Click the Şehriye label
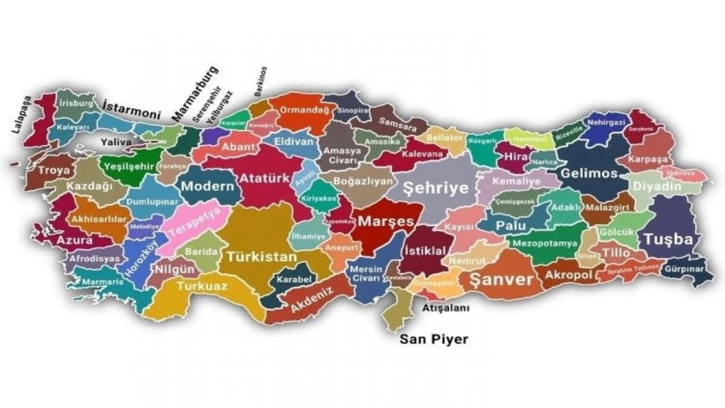436,188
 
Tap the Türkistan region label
262,257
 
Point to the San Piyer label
434,339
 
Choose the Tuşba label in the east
668,239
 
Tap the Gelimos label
588,173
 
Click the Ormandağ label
302,110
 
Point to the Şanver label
496,279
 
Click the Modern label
207,186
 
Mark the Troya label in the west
54,169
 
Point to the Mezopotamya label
545,243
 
